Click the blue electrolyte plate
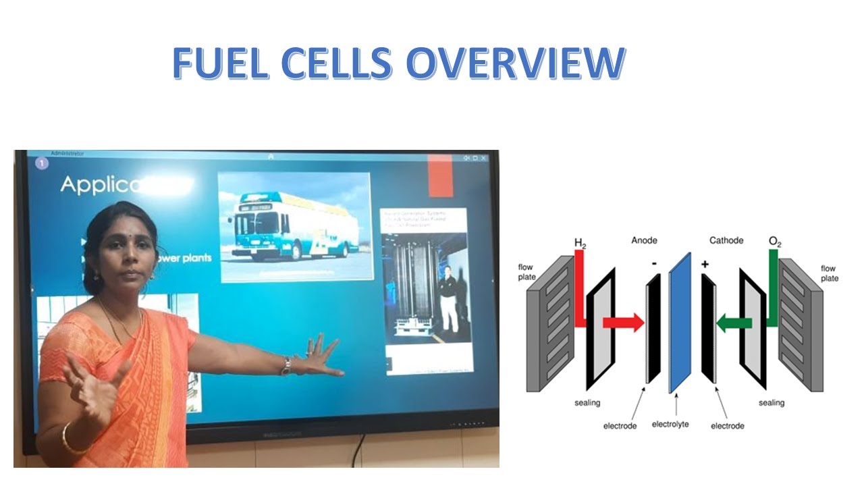point(680,323)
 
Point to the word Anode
point(644,240)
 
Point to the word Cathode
point(726,240)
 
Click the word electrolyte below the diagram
point(670,425)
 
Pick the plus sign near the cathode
point(705,264)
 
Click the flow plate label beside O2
point(829,273)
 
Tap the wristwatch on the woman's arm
point(287,366)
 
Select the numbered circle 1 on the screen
point(42,163)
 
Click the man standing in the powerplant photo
point(446,296)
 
